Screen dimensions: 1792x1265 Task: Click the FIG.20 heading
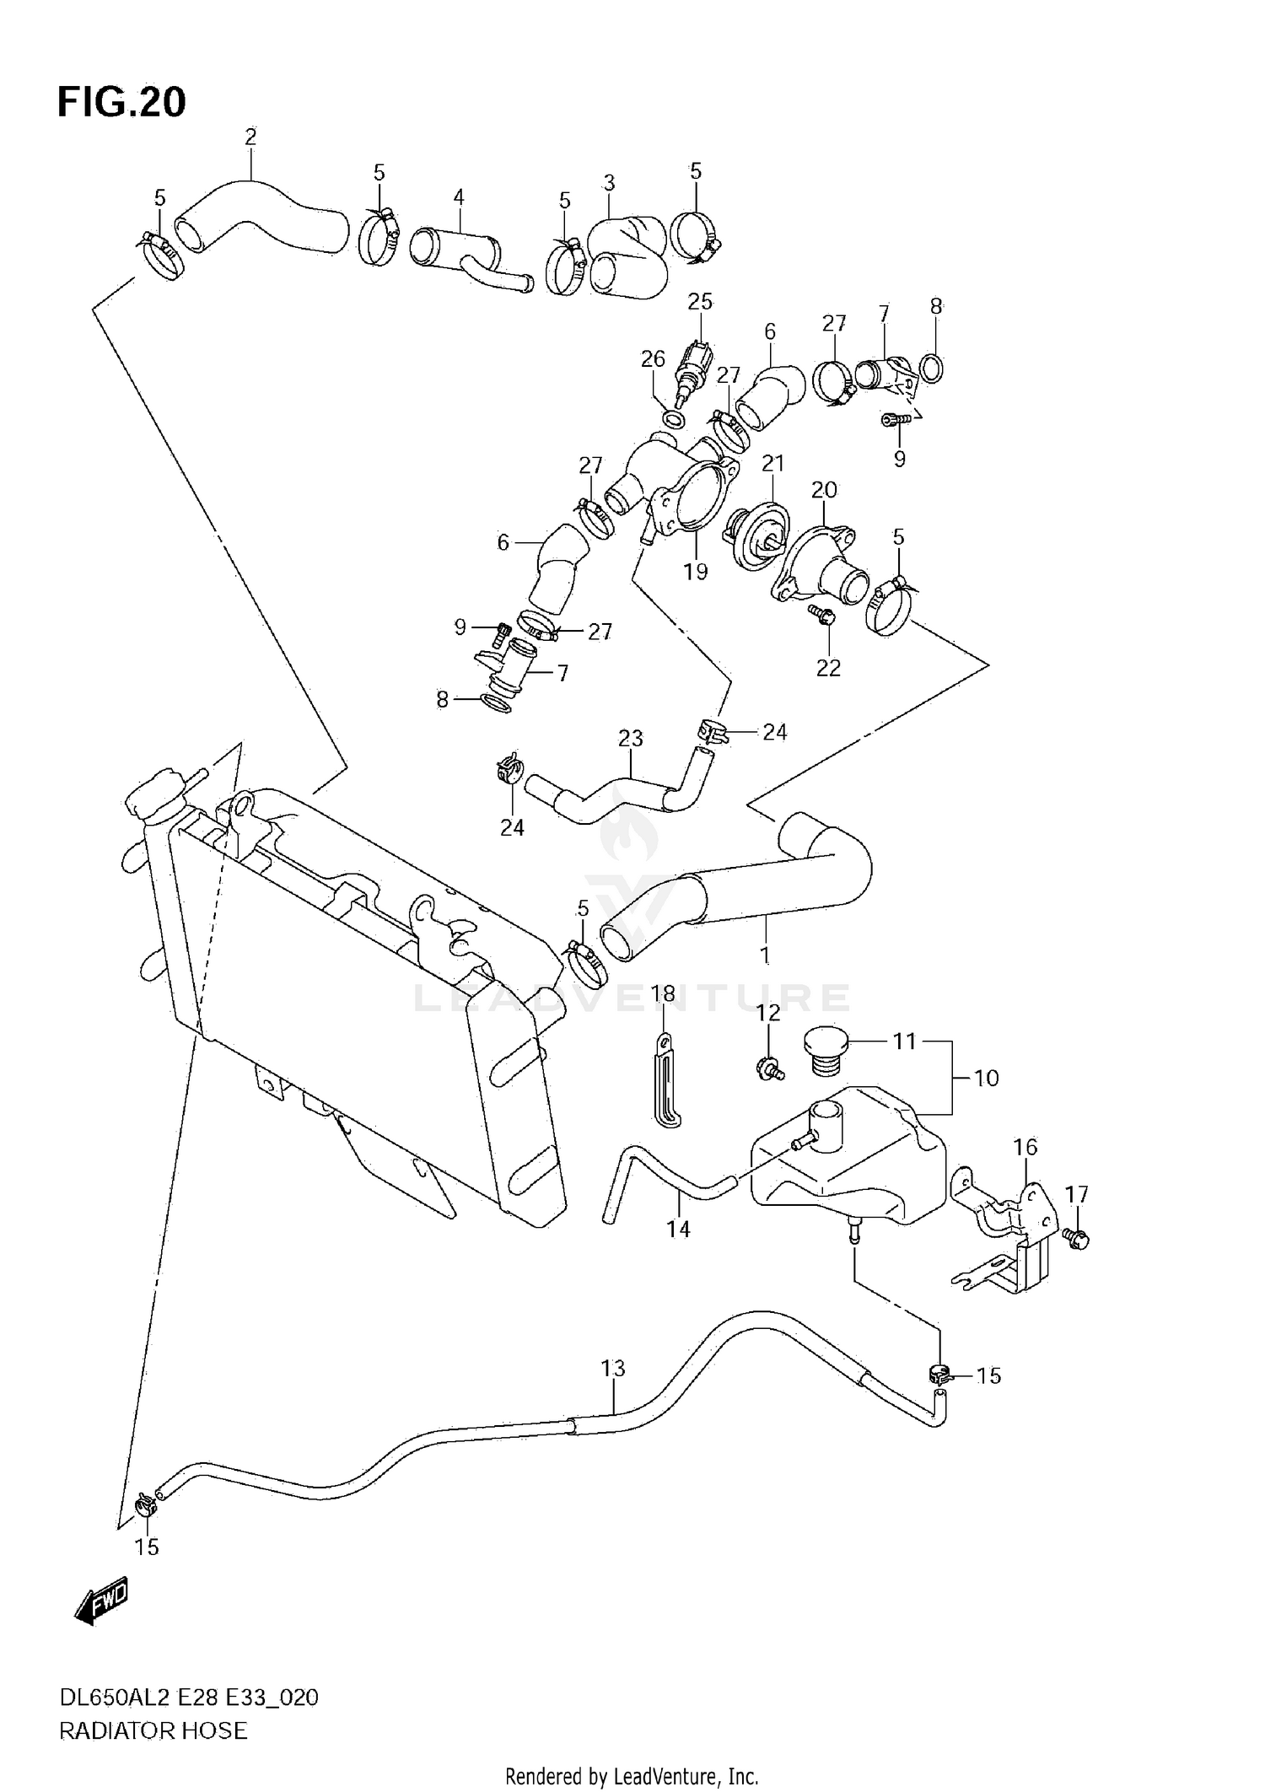[x=121, y=103]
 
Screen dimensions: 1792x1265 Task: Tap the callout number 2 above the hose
[x=250, y=137]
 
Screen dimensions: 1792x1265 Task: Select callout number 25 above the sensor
[x=700, y=301]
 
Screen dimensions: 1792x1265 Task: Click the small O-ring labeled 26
[x=673, y=418]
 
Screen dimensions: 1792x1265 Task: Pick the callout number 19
[x=695, y=572]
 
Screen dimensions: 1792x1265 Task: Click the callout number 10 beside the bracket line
[x=986, y=1078]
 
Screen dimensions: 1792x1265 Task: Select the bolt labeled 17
[x=1077, y=1238]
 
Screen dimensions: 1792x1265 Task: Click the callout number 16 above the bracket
[x=1025, y=1147]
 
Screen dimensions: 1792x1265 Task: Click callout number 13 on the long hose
[x=613, y=1368]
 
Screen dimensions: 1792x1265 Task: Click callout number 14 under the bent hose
[x=678, y=1230]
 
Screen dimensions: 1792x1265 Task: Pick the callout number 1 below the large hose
[x=765, y=955]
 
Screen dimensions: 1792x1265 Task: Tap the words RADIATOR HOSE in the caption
[x=153, y=1730]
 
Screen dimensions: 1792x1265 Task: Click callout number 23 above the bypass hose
[x=630, y=738]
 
